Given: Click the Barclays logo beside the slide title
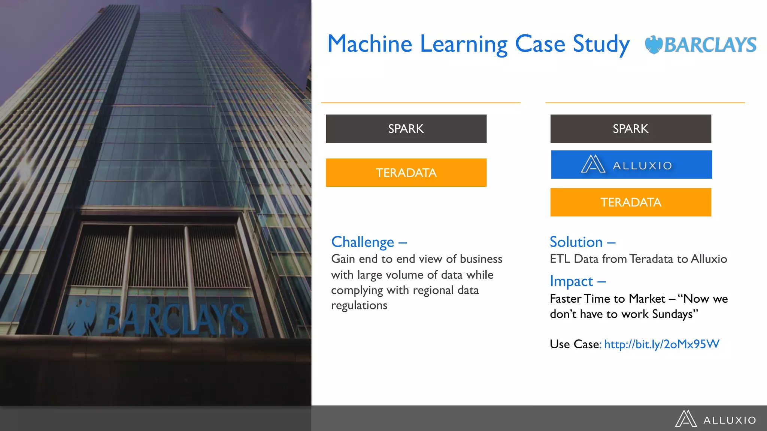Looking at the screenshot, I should [700, 45].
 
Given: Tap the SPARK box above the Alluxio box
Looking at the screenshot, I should [631, 129].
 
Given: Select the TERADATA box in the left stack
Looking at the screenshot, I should [406, 172].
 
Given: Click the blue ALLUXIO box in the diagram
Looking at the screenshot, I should [631, 165].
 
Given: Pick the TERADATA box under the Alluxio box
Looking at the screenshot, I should [631, 202].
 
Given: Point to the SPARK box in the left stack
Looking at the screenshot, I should [406, 129].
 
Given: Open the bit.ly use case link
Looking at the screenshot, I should [661, 344].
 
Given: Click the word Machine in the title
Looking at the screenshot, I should [370, 44].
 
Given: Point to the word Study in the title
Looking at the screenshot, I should [601, 45].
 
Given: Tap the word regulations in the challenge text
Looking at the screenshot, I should [359, 306].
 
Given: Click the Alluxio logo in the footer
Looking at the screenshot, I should [715, 419].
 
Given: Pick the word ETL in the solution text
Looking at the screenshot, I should [560, 259].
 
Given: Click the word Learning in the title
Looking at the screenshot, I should [464, 45].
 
